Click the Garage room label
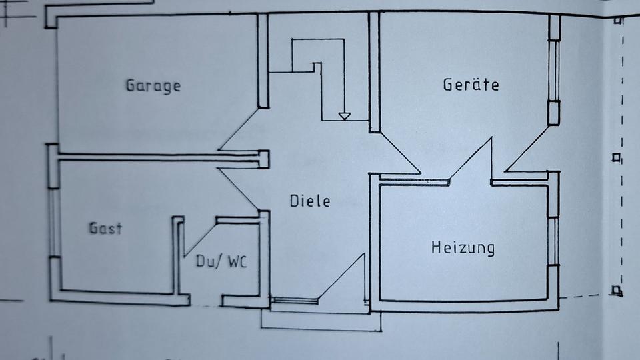coord(153,86)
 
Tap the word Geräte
coord(471,85)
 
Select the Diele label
coord(310,201)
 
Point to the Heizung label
coord(463,248)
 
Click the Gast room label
coord(106,228)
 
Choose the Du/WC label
coord(221,261)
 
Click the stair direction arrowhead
coord(344,116)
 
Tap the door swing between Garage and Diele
coord(240,130)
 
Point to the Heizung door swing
coord(471,160)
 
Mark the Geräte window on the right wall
coord(553,70)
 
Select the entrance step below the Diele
coord(320,321)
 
